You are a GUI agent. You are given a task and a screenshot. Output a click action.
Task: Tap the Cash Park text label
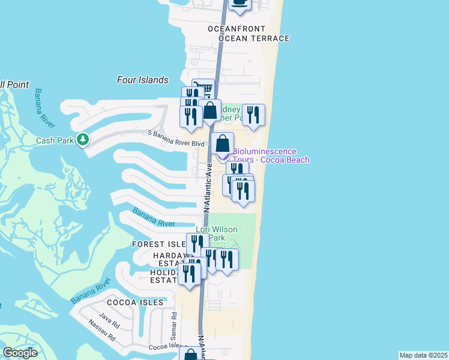[x=54, y=140]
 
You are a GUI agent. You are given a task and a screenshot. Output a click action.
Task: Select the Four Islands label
[x=143, y=80]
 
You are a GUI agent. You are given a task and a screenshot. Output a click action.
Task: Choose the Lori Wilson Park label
[x=217, y=234]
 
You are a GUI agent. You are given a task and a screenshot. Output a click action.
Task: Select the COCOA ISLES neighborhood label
[x=135, y=302]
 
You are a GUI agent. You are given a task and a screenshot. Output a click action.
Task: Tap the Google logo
[x=20, y=353]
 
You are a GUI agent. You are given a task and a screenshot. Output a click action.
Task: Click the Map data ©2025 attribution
[x=423, y=355]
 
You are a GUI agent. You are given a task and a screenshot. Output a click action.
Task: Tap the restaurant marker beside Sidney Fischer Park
[x=253, y=115]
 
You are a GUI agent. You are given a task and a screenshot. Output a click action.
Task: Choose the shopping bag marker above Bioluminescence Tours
[x=222, y=144]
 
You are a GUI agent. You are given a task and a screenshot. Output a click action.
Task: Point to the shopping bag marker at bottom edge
[x=190, y=355]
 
